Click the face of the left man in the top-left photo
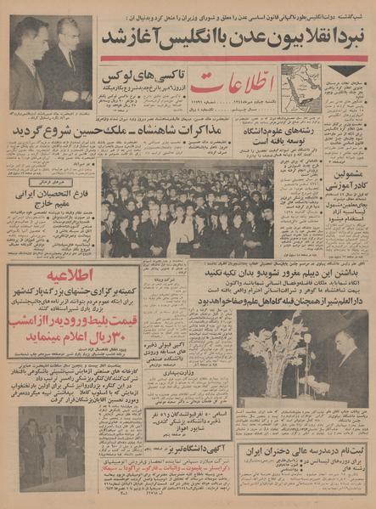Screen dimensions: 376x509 (x=29, y=33)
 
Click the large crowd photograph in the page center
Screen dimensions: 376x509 (x=187, y=208)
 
